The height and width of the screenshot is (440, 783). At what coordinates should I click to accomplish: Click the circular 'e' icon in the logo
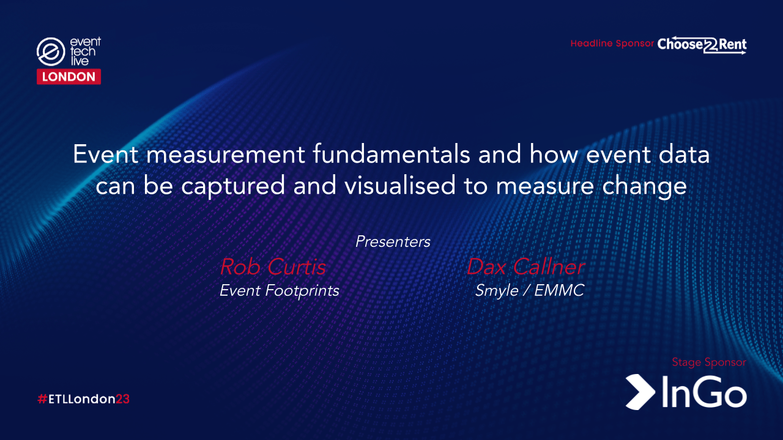click(x=51, y=52)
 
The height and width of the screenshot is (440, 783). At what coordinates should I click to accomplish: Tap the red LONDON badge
click(x=69, y=76)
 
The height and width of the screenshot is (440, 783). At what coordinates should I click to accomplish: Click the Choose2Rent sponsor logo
click(x=702, y=45)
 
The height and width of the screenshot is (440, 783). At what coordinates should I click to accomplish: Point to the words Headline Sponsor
click(x=612, y=44)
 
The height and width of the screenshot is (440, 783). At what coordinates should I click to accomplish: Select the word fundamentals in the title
click(x=392, y=155)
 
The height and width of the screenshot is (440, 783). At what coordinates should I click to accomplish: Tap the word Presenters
click(x=393, y=241)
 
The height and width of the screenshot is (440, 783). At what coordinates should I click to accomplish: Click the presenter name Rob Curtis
click(x=272, y=266)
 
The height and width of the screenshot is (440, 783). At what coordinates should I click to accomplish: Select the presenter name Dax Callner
click(x=525, y=266)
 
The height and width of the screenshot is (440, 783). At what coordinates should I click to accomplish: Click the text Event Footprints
click(x=279, y=290)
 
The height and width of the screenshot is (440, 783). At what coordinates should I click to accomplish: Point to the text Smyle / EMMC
click(x=530, y=290)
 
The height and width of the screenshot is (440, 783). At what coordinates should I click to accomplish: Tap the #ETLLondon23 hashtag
click(x=83, y=399)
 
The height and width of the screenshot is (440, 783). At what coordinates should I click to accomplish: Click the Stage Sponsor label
click(x=709, y=362)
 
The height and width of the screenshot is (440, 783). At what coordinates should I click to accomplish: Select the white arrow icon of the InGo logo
click(x=640, y=391)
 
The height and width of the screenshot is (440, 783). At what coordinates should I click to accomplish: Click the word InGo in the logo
click(x=703, y=392)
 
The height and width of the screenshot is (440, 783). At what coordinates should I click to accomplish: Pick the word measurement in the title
click(x=227, y=155)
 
